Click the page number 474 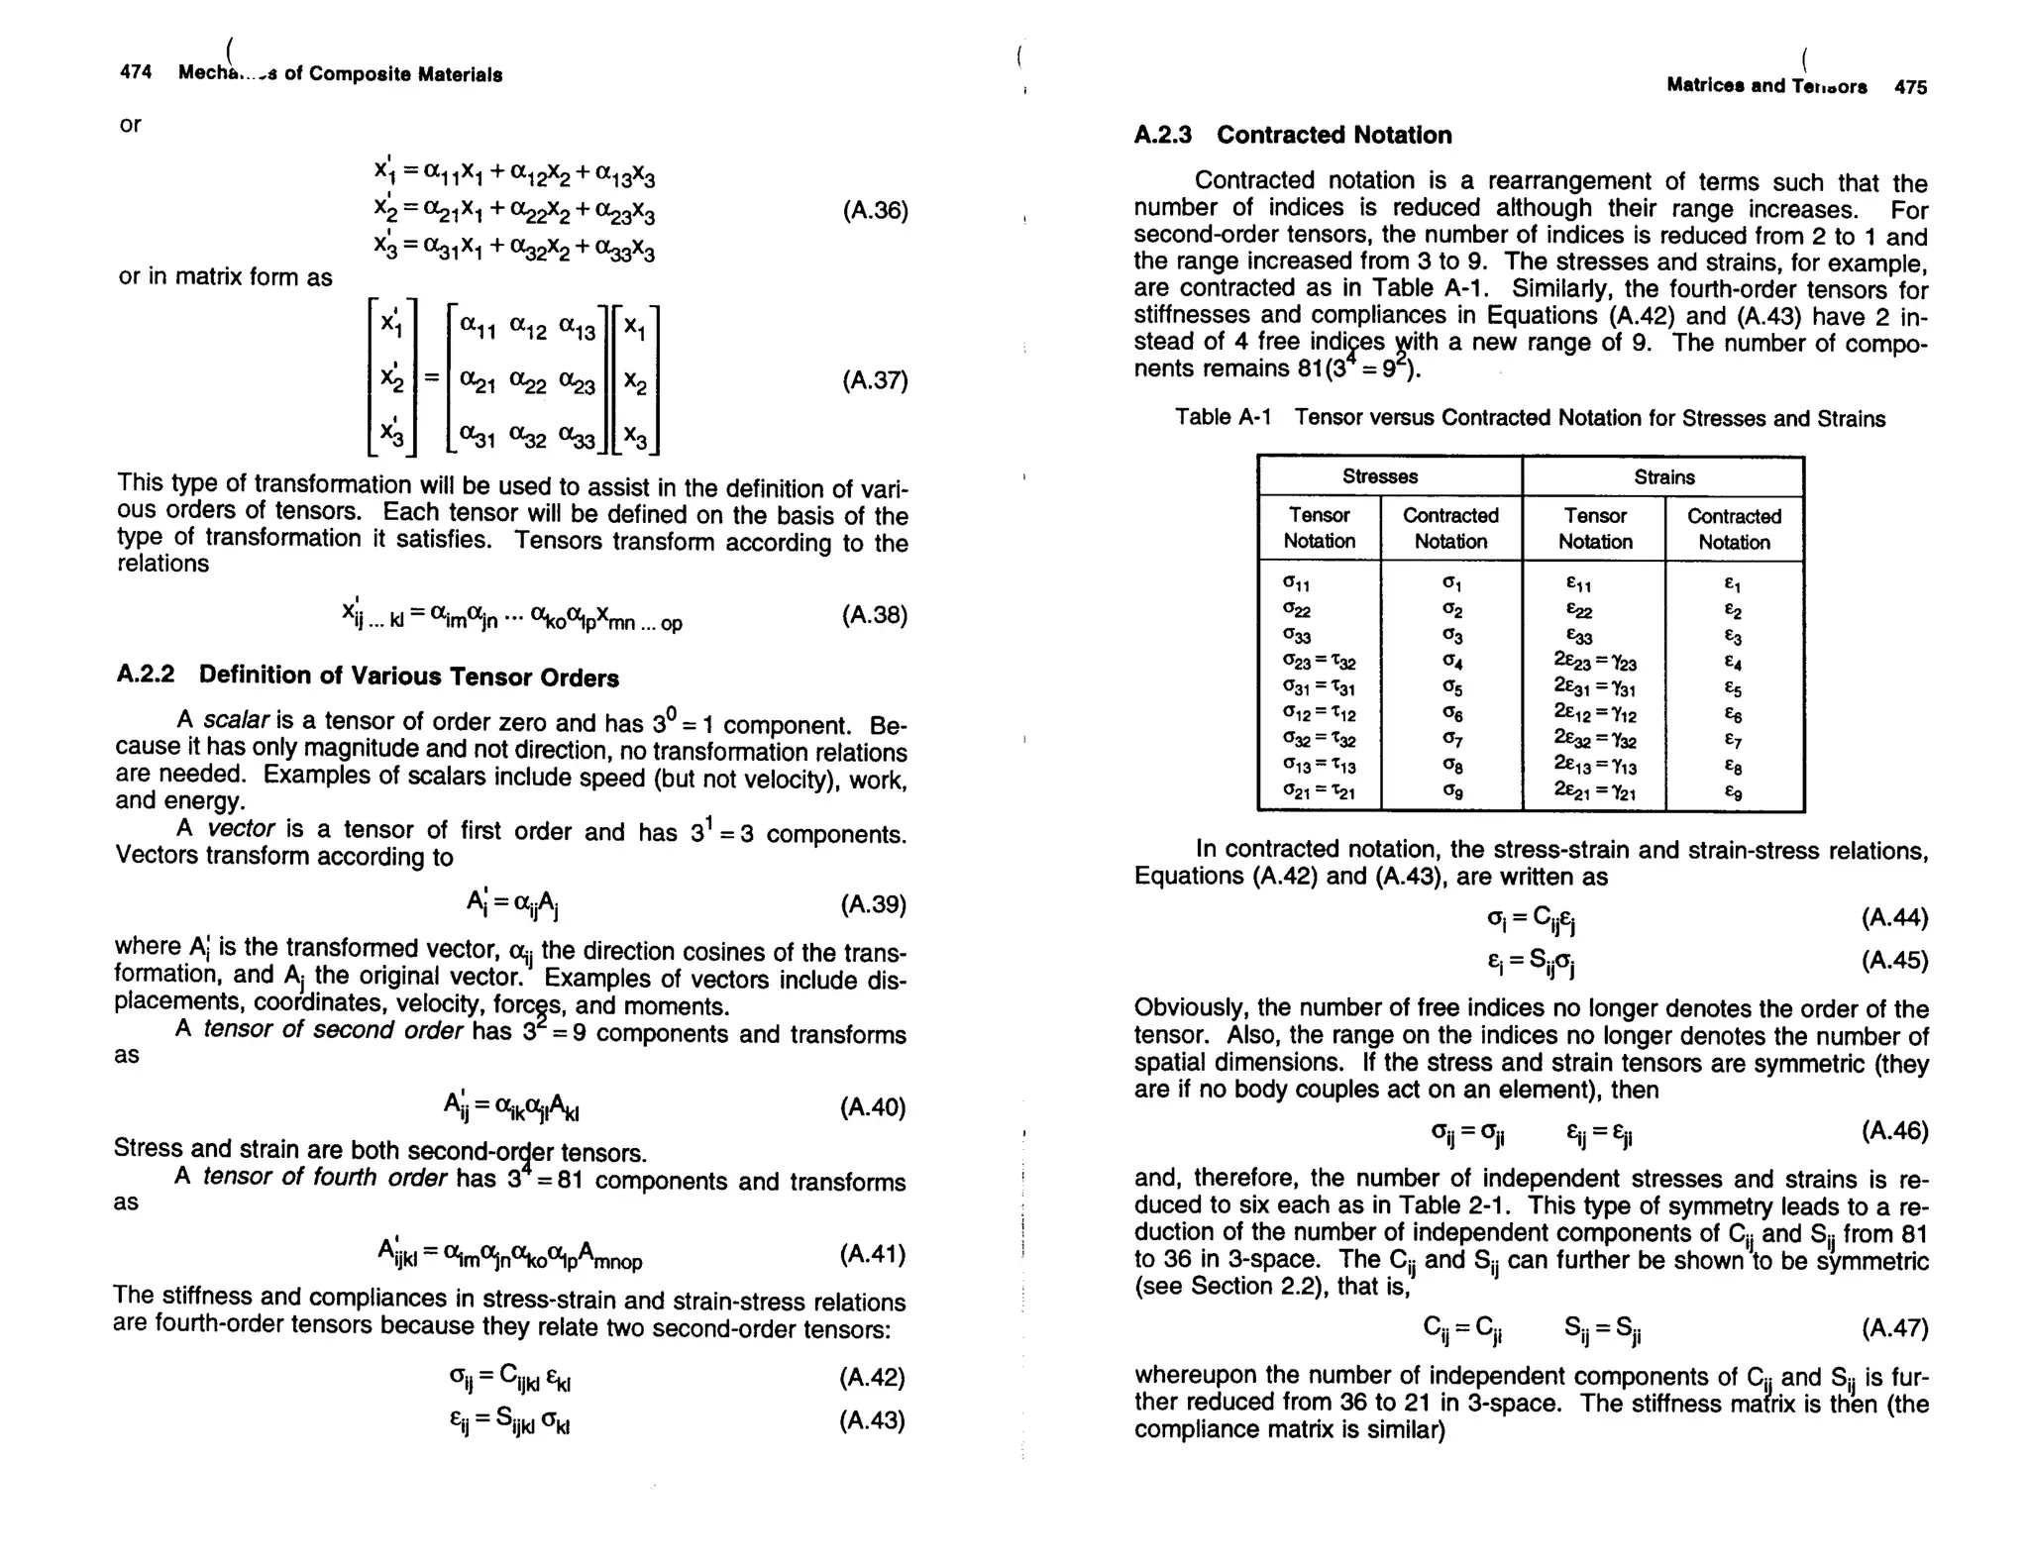click(x=136, y=72)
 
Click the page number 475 click(x=1911, y=87)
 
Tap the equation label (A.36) click(x=875, y=211)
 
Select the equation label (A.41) click(x=873, y=1255)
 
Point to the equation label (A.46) click(x=1894, y=1131)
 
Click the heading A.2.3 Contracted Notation click(x=1293, y=135)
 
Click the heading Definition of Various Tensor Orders click(x=408, y=677)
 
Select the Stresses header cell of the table click(x=1379, y=476)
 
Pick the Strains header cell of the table click(x=1663, y=477)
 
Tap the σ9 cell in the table click(x=1451, y=791)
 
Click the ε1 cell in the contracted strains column click(x=1734, y=585)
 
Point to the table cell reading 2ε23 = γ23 click(x=1595, y=663)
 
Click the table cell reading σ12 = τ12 click(x=1320, y=714)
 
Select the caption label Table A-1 click(x=1223, y=417)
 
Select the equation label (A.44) click(x=1894, y=918)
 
